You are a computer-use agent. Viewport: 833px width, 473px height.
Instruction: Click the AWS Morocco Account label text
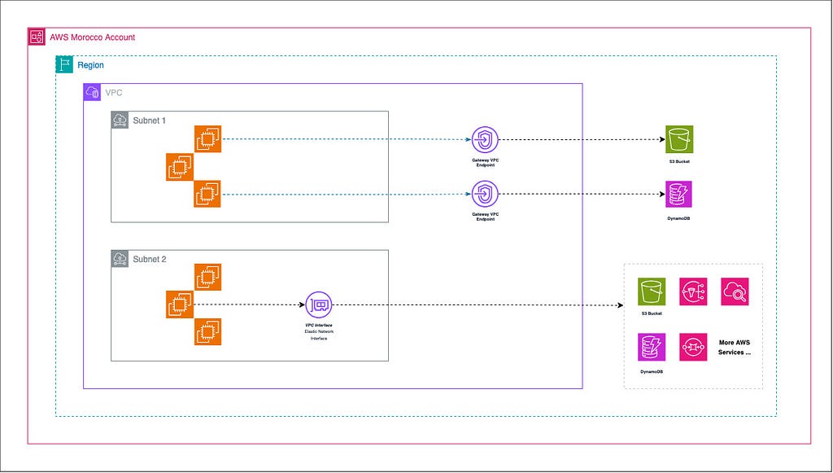pos(92,37)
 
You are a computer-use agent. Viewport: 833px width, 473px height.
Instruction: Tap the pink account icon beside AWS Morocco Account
pos(37,37)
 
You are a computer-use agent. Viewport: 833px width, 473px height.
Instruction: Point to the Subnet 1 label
pos(149,120)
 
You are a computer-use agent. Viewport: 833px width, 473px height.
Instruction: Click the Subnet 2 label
pos(149,259)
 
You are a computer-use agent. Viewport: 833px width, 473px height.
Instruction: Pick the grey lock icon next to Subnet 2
pos(120,259)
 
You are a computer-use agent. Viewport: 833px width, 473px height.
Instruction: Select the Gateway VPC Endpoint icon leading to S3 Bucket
pos(485,139)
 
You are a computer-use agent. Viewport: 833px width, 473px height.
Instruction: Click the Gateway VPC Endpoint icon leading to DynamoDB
pos(485,195)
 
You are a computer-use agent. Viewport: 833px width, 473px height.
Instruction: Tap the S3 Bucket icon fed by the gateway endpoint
pos(678,139)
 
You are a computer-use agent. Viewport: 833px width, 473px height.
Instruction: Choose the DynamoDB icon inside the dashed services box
pos(652,347)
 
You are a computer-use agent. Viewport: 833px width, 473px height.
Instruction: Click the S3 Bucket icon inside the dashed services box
pos(652,291)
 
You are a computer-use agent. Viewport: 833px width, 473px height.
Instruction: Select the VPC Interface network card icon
pos(319,305)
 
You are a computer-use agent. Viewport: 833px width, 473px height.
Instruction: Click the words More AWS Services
pos(734,347)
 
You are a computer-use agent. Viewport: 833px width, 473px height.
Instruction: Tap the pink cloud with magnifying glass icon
pos(735,291)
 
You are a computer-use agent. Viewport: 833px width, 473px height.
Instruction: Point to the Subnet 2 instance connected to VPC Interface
pos(180,305)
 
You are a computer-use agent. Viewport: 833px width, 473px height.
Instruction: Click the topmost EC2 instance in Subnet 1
pos(207,139)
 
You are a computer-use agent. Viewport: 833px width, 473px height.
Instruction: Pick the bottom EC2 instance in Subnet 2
pos(207,332)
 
